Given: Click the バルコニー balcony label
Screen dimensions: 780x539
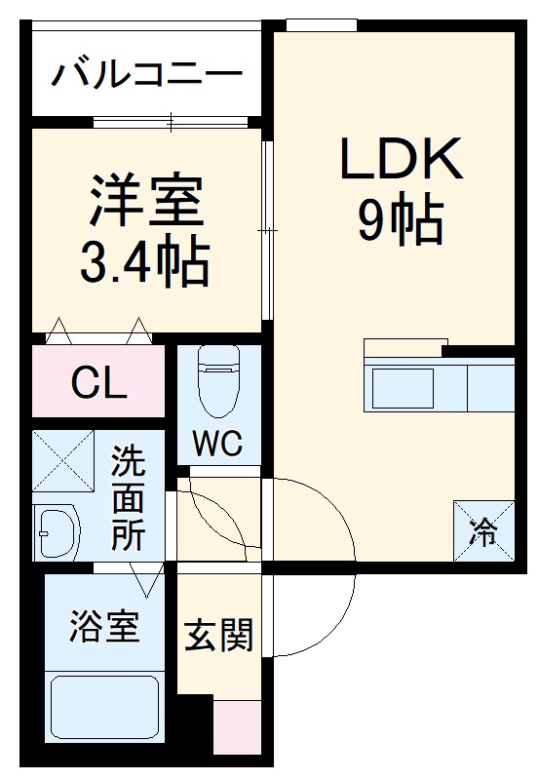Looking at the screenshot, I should pyautogui.click(x=146, y=73).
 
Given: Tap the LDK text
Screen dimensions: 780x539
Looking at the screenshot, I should pyautogui.click(x=400, y=159).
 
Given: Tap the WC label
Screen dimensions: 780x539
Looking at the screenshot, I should pyautogui.click(x=216, y=444).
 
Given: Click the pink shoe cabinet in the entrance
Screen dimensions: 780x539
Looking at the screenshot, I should pyautogui.click(x=237, y=726).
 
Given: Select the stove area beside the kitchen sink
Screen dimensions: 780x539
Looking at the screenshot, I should pyautogui.click(x=490, y=388).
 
